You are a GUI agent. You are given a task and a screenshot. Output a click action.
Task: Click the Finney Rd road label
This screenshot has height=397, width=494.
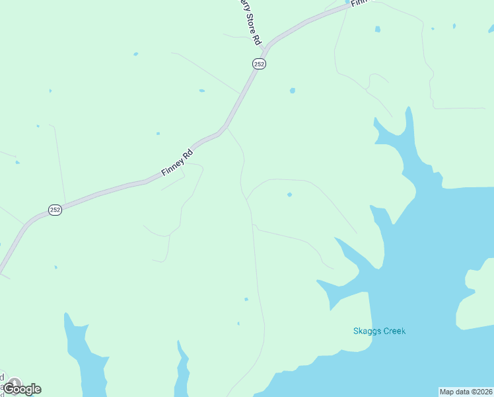pos(176,163)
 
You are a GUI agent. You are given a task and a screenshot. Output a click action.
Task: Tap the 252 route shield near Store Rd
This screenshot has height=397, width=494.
pos(259,64)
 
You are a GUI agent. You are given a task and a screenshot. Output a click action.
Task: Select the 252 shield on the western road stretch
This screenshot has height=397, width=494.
pos(55,210)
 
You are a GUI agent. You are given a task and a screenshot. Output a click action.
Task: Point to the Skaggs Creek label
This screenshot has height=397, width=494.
pos(379,331)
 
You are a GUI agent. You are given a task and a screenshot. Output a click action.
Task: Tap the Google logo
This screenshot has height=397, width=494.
pos(22,389)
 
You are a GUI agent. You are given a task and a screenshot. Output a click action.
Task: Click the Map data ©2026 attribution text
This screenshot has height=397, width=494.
pos(466,392)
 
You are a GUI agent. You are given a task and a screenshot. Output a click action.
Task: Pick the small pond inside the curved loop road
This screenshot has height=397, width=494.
pos(289,195)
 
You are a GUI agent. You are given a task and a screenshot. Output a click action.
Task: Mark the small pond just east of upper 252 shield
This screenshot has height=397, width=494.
pos(292,90)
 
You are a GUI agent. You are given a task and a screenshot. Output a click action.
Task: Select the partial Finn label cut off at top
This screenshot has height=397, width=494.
pos(359,3)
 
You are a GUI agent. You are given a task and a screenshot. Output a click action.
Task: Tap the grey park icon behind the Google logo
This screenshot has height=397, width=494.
pos(13,382)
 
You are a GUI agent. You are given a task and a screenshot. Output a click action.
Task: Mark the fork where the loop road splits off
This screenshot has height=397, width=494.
pos(247,198)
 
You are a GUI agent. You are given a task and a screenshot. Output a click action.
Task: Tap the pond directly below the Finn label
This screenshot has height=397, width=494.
pos(378,29)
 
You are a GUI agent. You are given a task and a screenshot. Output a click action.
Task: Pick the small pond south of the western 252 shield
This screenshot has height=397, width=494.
pos(55,267)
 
